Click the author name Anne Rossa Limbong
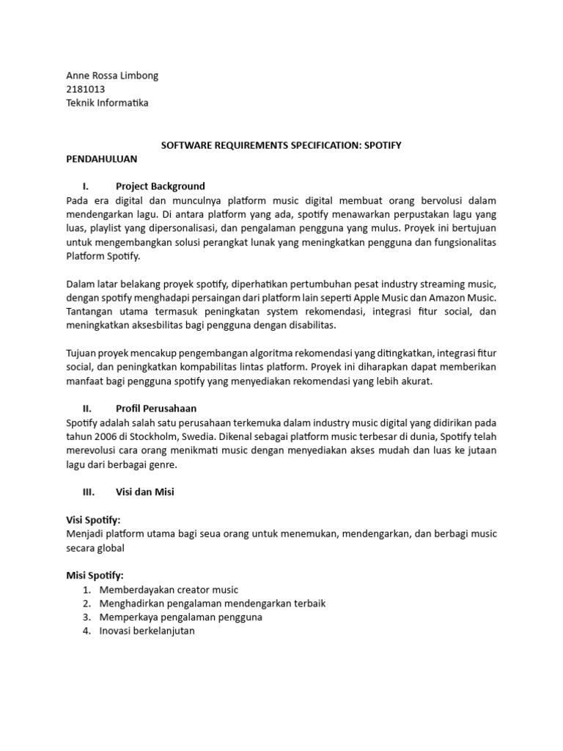click(111, 76)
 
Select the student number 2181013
click(85, 89)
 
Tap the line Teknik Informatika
click(107, 103)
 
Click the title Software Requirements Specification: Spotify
click(281, 145)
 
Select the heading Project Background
click(161, 186)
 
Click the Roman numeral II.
click(86, 408)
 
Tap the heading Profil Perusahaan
click(156, 408)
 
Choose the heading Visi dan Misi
click(145, 493)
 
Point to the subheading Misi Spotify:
click(95, 576)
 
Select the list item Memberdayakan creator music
click(169, 590)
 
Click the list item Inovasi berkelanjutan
click(147, 631)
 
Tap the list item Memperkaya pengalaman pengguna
click(181, 617)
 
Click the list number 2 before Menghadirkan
click(86, 604)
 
